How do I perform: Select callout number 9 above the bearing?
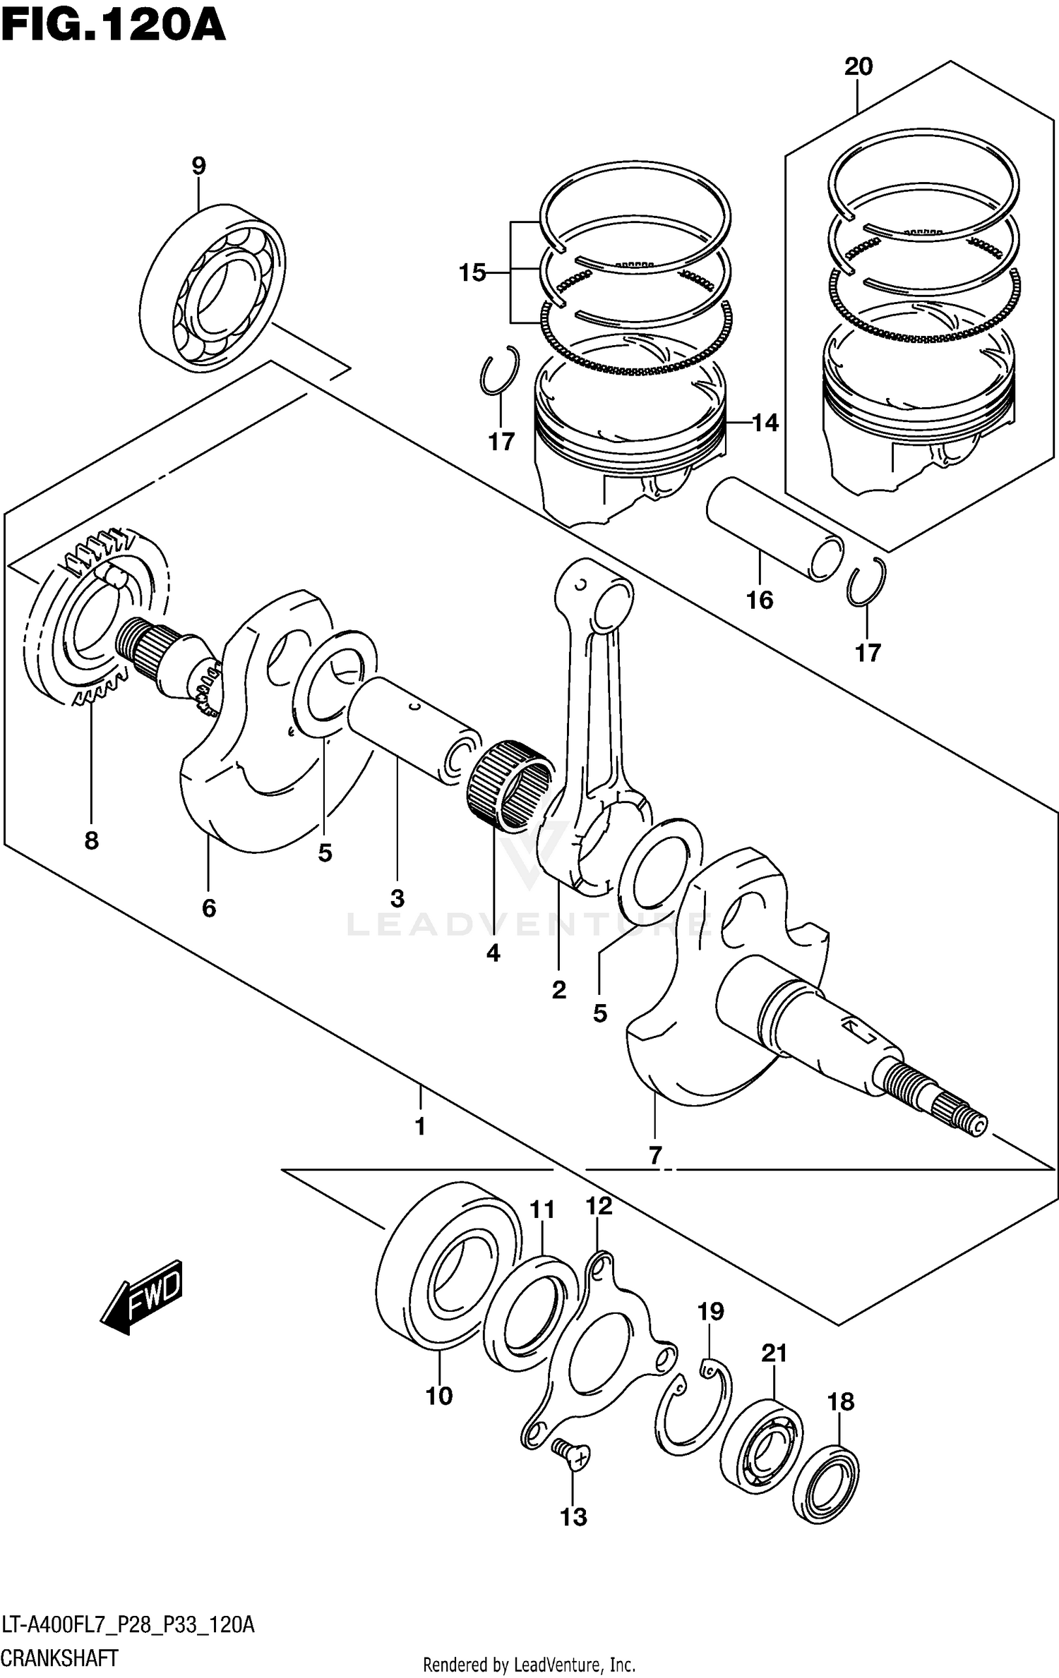coord(198,167)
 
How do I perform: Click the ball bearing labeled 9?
coord(212,289)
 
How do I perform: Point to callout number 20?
coord(858,67)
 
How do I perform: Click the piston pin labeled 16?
coord(775,529)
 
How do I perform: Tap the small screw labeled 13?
coord(572,1454)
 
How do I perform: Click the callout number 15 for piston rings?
coord(472,272)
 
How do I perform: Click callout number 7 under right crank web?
coord(654,1155)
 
